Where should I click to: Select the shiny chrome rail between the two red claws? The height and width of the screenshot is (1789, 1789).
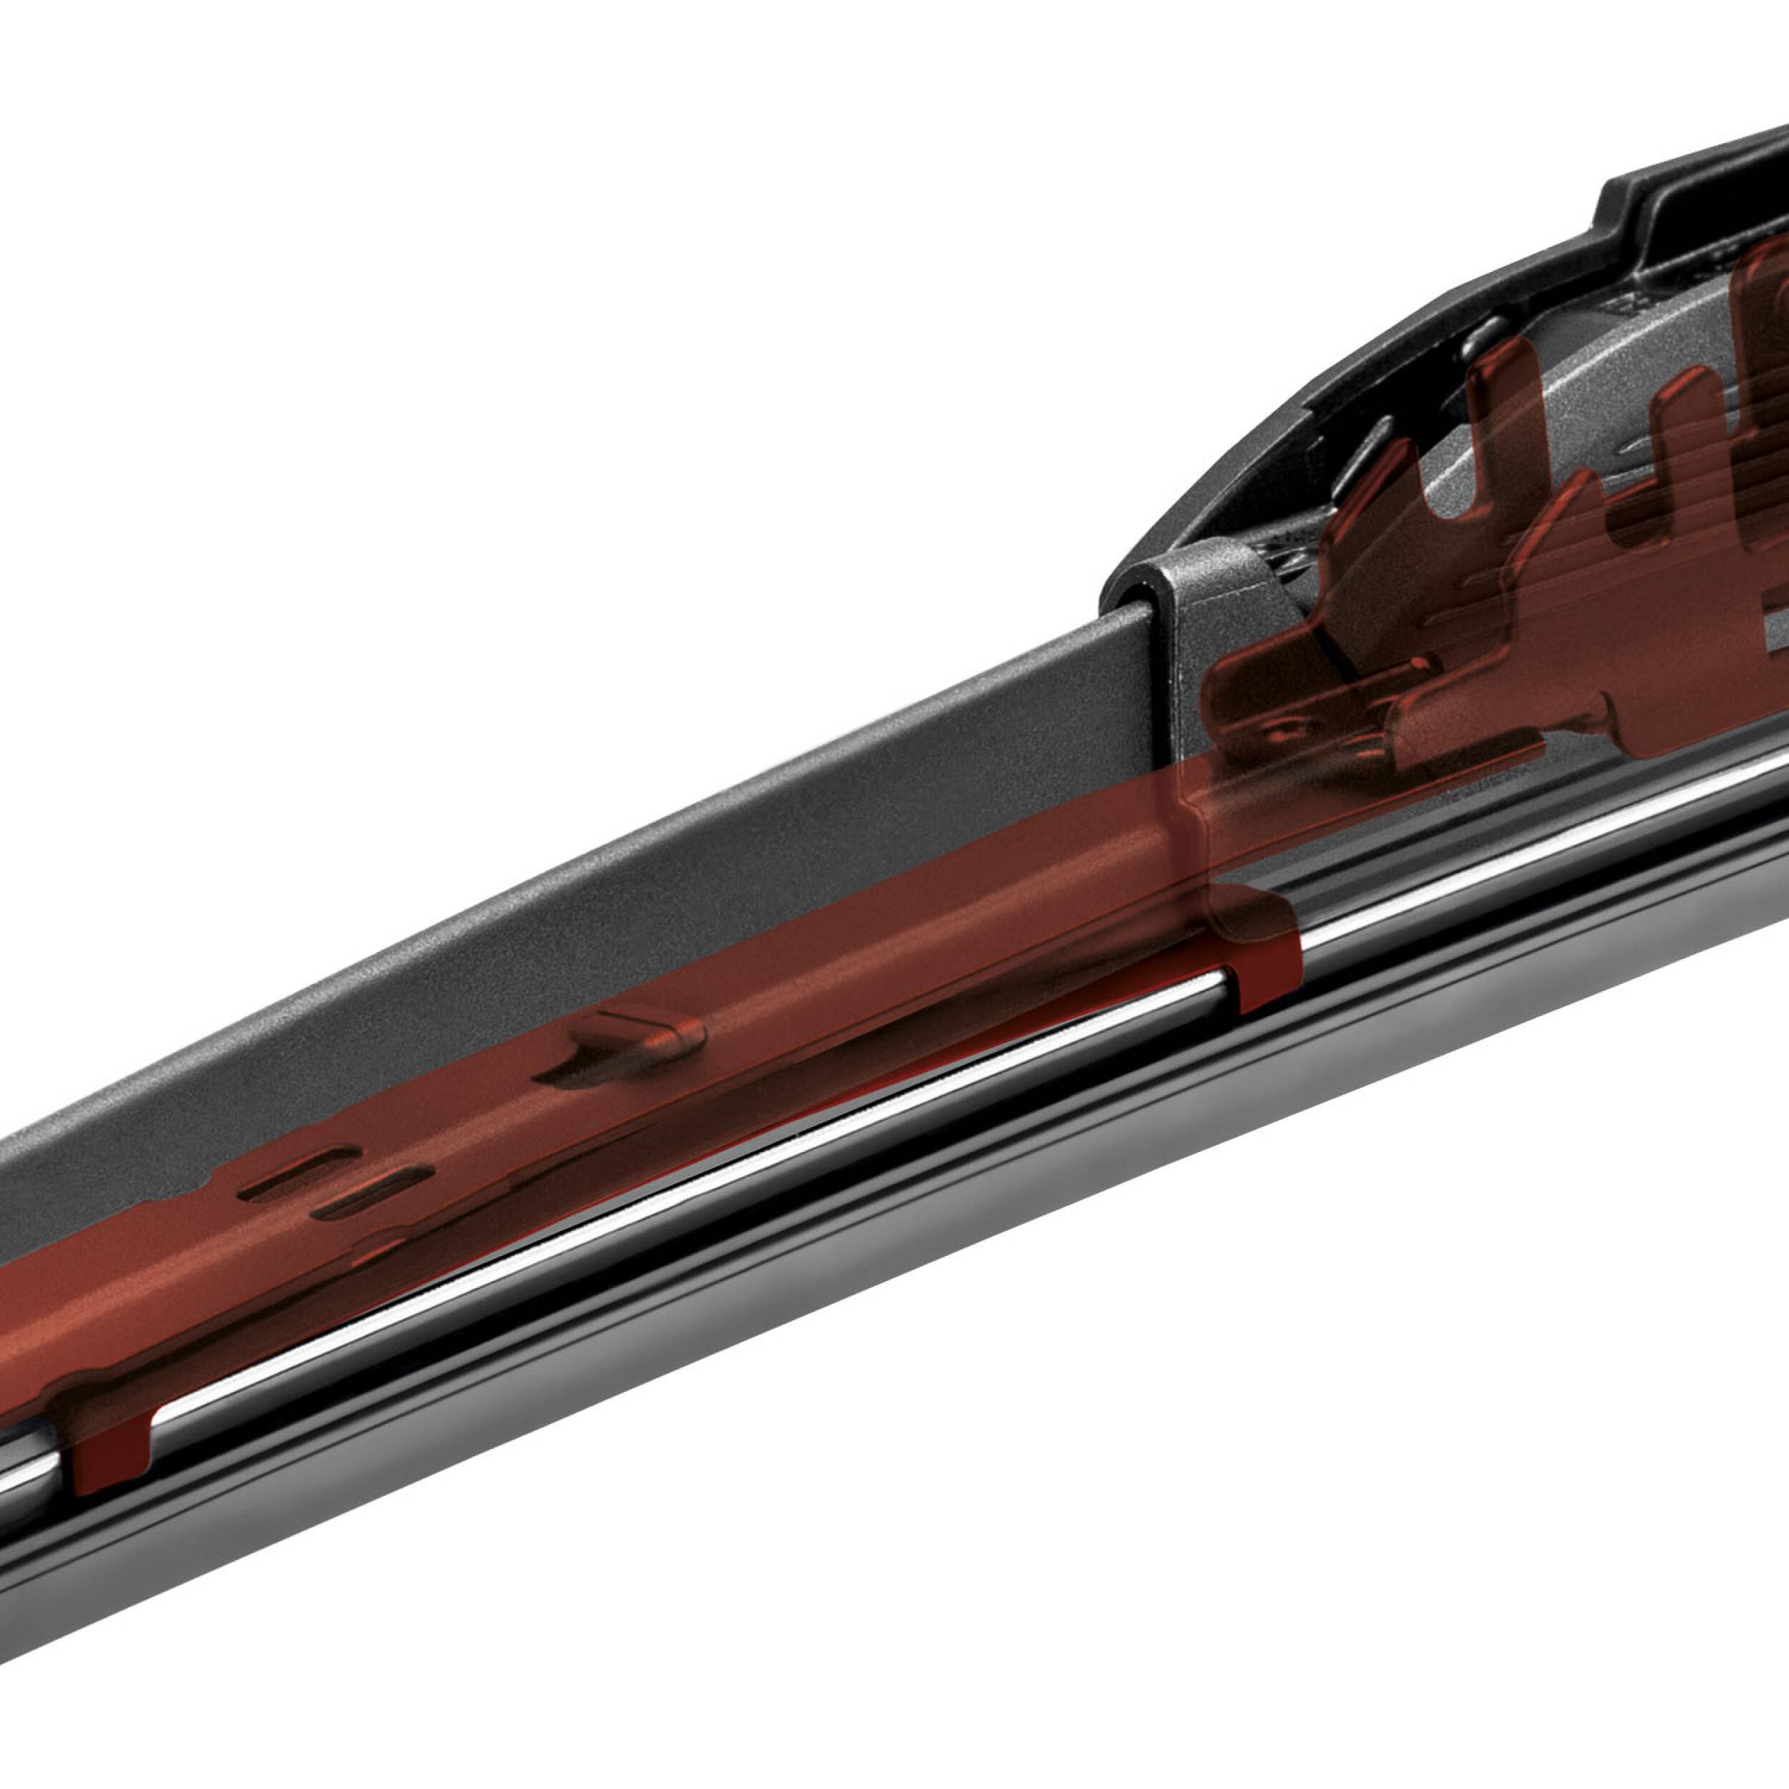point(703,1157)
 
